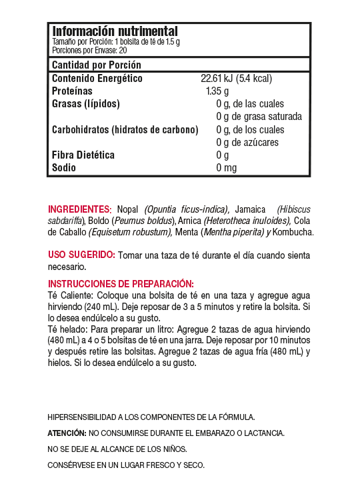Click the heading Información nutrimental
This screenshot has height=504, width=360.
pyautogui.click(x=115, y=31)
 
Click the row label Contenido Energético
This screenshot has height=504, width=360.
pyautogui.click(x=97, y=79)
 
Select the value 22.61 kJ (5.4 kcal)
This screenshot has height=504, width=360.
pyautogui.click(x=236, y=79)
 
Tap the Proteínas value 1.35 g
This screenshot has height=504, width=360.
pyautogui.click(x=217, y=91)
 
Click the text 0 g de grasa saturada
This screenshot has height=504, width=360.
pyautogui.click(x=259, y=117)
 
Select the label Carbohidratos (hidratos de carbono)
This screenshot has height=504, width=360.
pyautogui.click(x=125, y=129)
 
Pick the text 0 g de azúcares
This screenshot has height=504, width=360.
pyautogui.click(x=247, y=142)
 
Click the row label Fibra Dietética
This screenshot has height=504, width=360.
pyautogui.click(x=83, y=155)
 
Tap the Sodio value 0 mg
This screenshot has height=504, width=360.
pyautogui.click(x=227, y=167)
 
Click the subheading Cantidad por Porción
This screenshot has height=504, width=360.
pyautogui.click(x=97, y=65)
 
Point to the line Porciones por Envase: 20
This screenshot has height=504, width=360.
pyautogui.click(x=89, y=50)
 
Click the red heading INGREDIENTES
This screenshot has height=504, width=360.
pyautogui.click(x=79, y=209)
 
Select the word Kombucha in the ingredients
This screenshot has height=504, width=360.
pyautogui.click(x=294, y=232)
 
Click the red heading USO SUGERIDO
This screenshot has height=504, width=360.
pyautogui.click(x=81, y=255)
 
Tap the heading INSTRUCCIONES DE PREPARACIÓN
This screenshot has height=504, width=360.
pyautogui.click(x=121, y=283)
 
